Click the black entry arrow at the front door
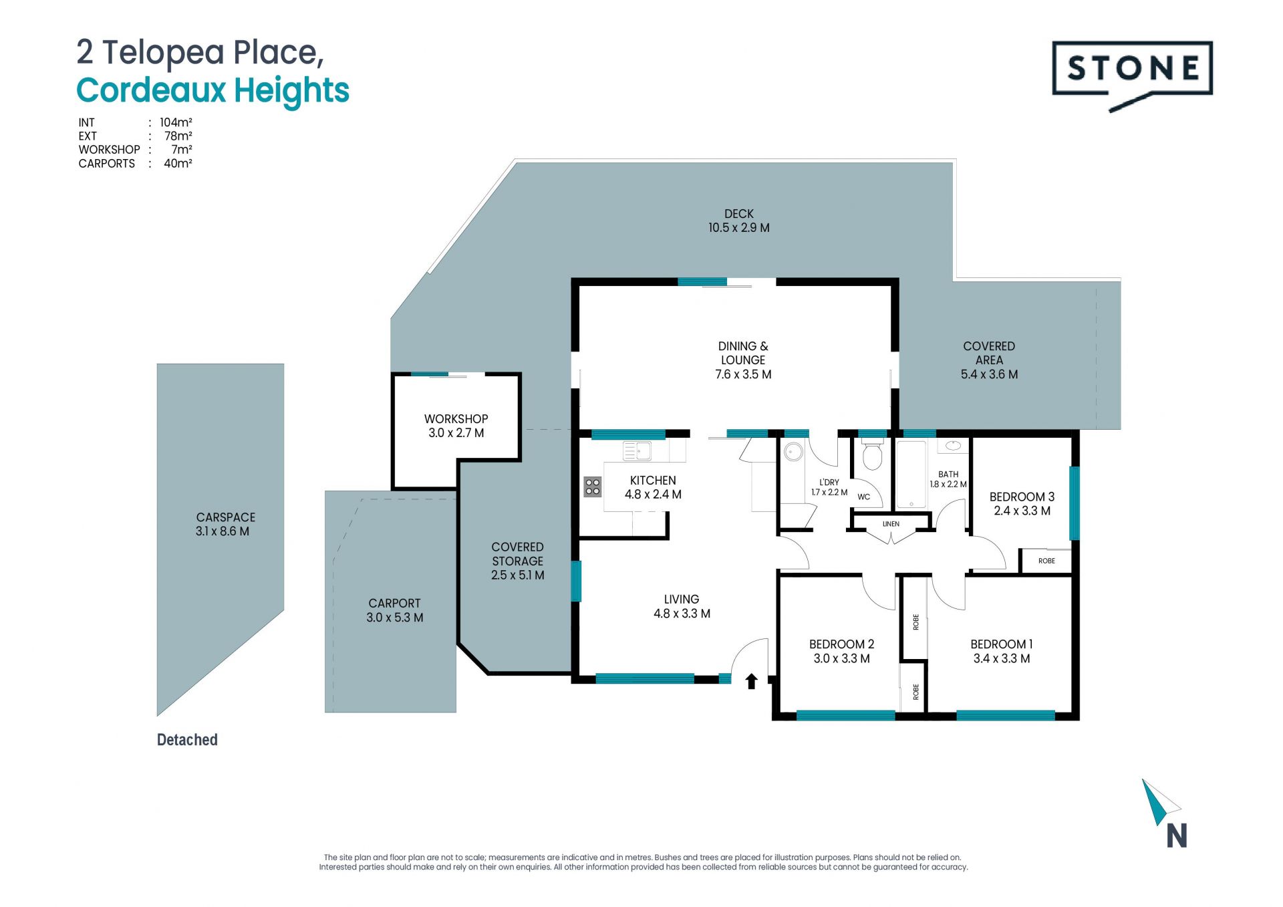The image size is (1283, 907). [x=751, y=681]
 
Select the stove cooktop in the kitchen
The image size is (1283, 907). [x=592, y=487]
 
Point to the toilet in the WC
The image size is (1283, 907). [x=872, y=454]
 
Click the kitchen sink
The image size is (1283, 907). [x=637, y=451]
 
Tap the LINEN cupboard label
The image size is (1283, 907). [x=891, y=524]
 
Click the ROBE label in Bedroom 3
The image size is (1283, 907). [x=1046, y=561]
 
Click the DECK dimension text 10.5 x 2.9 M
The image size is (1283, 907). [x=739, y=227]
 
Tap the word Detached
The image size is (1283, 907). [x=187, y=740]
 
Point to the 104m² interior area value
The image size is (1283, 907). [x=176, y=122]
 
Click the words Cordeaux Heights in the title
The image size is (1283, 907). [x=212, y=90]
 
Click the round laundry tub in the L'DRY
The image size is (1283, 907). [x=793, y=452]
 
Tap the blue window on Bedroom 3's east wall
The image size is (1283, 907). [x=1075, y=503]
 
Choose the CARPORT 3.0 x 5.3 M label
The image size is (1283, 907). [x=395, y=610]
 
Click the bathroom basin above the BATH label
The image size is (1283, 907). [x=953, y=446]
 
